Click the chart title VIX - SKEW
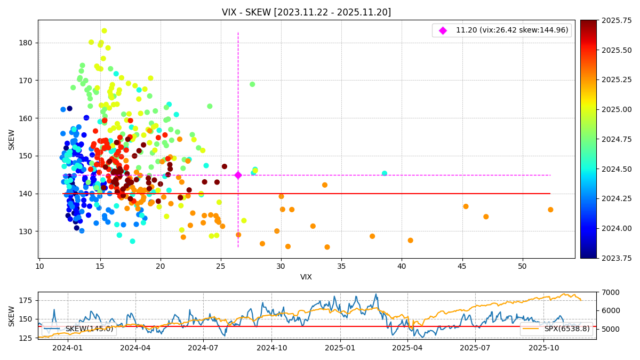[306, 12]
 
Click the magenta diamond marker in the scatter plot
[238, 175]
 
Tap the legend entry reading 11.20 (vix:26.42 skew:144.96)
[511, 30]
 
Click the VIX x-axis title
[306, 277]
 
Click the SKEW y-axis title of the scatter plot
[12, 139]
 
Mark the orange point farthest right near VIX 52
[550, 210]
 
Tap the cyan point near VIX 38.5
[385, 173]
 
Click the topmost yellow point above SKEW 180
[104, 31]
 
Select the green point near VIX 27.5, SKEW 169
[252, 84]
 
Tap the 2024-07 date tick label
[203, 347]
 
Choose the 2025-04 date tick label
[408, 347]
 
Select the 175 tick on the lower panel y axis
[26, 300]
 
